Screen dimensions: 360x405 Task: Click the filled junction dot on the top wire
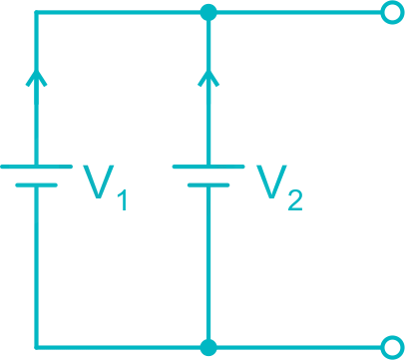pos(208,13)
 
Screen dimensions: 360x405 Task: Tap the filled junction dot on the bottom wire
pos(208,346)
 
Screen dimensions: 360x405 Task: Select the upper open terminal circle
pos(392,13)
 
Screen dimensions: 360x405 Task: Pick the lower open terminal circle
pos(392,346)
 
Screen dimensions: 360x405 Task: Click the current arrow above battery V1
pos(37,77)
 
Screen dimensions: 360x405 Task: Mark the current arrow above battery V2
pos(208,77)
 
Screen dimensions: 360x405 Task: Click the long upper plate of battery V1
pos(37,167)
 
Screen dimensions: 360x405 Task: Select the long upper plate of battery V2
pos(208,167)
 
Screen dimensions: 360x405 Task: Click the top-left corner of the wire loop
pos(37,13)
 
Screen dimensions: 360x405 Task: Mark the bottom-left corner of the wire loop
pos(37,346)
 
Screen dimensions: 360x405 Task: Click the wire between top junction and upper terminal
pos(299,13)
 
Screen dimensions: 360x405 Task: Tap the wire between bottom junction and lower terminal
pos(299,346)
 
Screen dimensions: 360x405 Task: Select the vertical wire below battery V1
pos(37,269)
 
